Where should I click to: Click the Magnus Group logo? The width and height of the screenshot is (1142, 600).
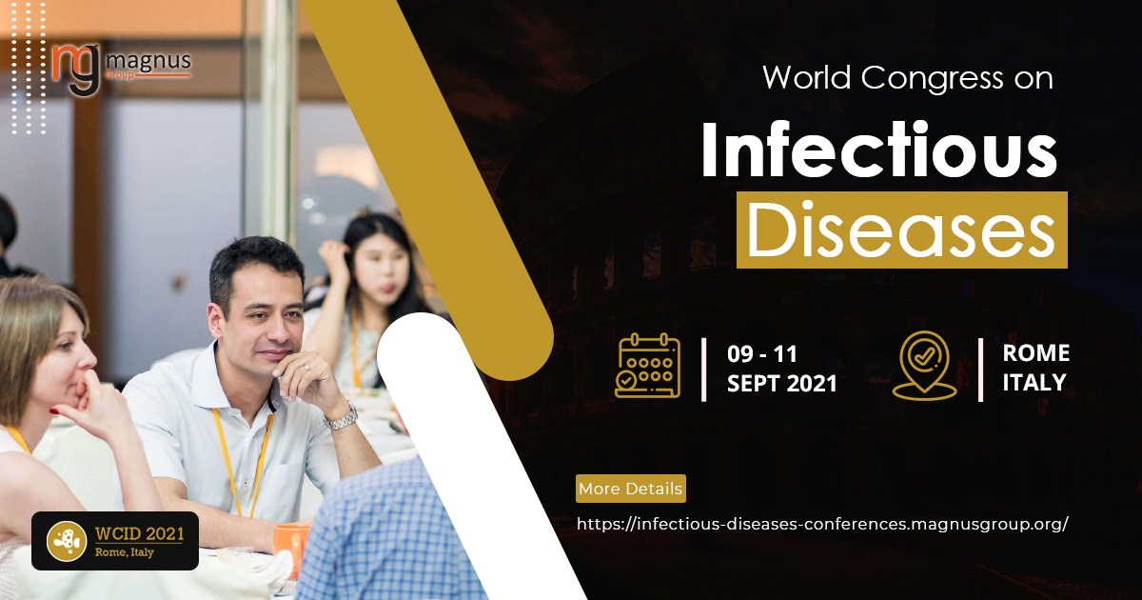tap(122, 70)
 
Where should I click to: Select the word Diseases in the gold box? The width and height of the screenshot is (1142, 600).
tap(901, 230)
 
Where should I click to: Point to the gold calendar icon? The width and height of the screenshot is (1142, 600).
tap(647, 366)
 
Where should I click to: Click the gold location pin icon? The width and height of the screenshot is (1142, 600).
tap(924, 366)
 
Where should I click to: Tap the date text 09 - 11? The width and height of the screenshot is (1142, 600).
tap(762, 354)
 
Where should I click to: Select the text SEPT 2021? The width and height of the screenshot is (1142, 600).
tap(782, 384)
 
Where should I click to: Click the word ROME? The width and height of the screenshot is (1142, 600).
tap(1036, 353)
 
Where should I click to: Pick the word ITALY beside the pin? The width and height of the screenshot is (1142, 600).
tap(1034, 382)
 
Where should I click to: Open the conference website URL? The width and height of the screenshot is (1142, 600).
tap(822, 524)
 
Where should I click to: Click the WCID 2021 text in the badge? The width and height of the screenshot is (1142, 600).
tap(140, 533)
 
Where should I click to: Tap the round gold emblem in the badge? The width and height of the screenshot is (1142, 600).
tap(67, 541)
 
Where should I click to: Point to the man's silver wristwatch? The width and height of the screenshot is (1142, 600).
tap(342, 417)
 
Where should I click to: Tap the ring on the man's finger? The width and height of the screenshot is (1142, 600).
tap(306, 368)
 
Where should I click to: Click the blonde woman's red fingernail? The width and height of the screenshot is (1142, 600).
tap(54, 411)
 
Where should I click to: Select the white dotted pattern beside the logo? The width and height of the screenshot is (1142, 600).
tap(30, 69)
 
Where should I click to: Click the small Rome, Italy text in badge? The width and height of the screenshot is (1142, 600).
tap(125, 552)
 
